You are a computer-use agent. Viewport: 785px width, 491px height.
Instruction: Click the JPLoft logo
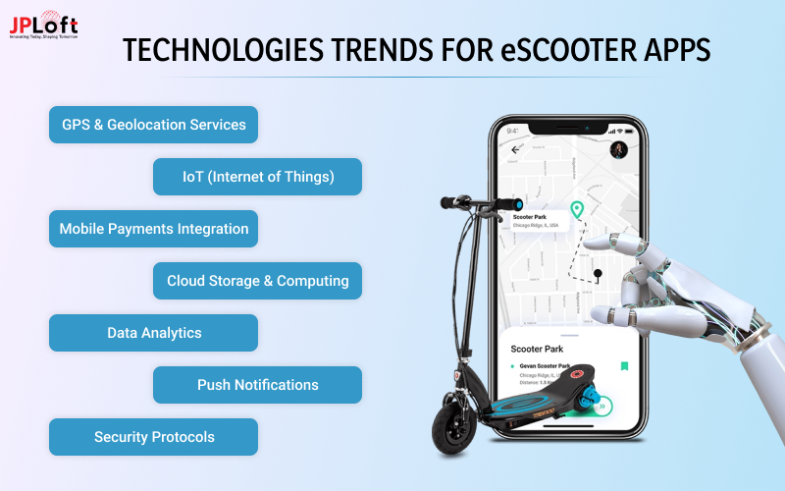[43, 27]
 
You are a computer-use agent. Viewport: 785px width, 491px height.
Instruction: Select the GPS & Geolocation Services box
[153, 125]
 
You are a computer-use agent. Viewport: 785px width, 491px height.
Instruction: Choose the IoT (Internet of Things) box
[257, 177]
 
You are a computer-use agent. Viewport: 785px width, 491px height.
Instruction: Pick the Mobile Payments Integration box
[153, 229]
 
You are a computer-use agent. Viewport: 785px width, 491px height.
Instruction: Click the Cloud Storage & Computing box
[257, 281]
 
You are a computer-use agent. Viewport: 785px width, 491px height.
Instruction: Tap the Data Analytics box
[153, 333]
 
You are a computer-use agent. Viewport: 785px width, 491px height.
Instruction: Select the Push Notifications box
[257, 385]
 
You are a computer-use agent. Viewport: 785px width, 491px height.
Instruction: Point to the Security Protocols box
[153, 437]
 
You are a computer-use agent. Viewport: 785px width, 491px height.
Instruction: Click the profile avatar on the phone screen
[619, 149]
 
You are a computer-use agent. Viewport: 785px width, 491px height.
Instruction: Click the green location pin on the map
[577, 210]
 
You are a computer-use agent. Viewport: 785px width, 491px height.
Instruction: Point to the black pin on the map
[598, 273]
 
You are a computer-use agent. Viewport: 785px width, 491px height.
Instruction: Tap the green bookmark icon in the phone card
[623, 366]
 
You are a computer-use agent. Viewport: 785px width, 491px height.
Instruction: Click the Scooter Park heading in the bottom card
[538, 349]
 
